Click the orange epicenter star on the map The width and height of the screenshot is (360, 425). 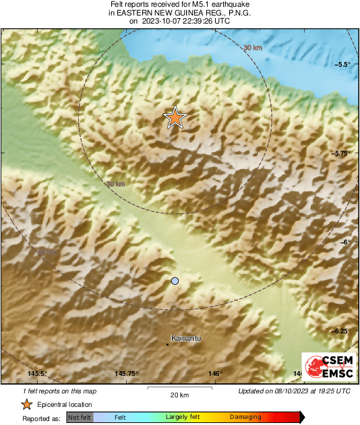pos(175,117)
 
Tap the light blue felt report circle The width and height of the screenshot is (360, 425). pos(175,280)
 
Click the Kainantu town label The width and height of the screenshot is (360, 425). pos(187,337)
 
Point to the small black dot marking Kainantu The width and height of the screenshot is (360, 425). pos(167,344)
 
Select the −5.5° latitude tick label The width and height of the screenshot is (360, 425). pos(343,64)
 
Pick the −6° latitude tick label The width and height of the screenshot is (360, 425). pos(344,242)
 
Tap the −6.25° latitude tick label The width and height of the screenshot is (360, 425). pos(342,331)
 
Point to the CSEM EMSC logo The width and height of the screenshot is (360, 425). pos(327,367)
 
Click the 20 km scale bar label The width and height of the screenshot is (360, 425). pos(179,395)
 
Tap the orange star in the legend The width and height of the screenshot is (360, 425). pos(26,404)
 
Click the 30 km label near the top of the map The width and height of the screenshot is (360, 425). pos(252,47)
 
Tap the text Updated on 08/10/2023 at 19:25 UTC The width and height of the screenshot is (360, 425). pos(294,391)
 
